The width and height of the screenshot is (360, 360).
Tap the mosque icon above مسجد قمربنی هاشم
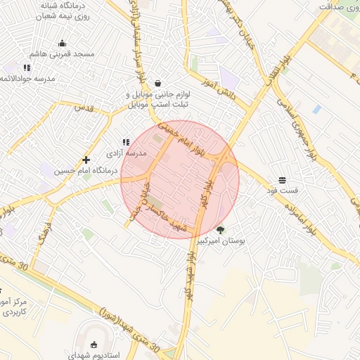pos(62,44)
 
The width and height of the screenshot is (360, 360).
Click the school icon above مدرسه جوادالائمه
pos(27,68)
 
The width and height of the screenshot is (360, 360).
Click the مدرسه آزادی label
pos(127,153)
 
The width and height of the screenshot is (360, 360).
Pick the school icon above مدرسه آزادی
pos(127,142)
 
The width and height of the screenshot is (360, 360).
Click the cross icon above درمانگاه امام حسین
pos(86,160)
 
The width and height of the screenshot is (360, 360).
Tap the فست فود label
pos(282,191)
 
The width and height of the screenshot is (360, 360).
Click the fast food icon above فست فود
pos(282,180)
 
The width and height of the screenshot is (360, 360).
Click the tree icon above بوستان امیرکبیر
pos(221,229)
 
